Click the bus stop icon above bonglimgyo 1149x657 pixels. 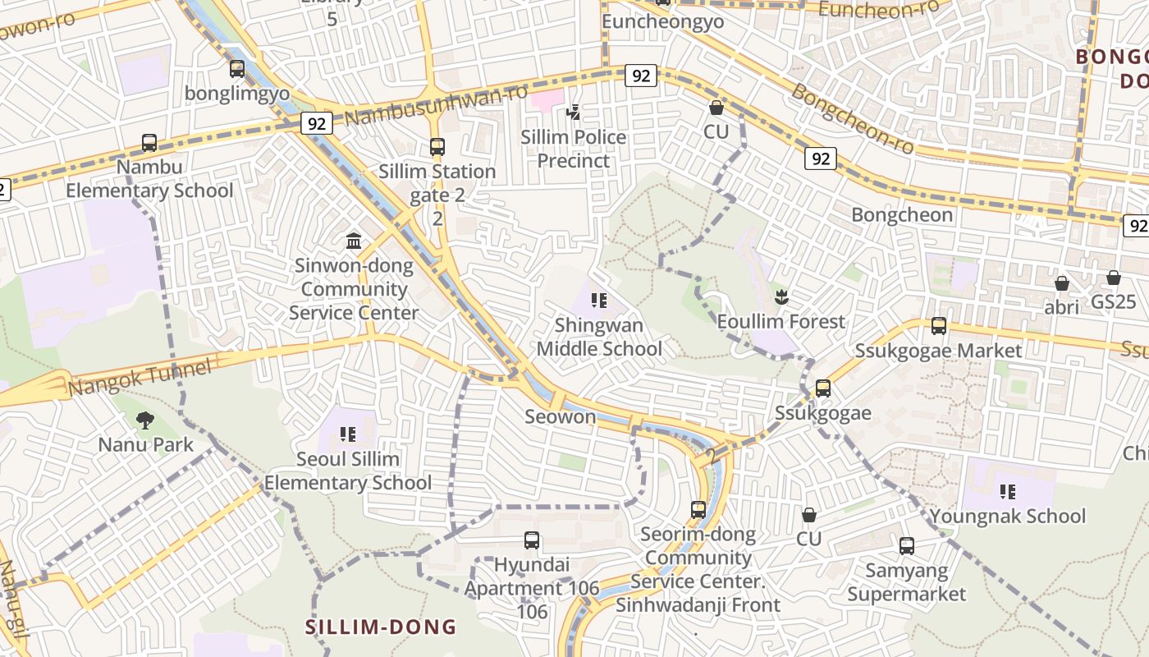pos(237,69)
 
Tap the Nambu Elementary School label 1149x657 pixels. pos(149,179)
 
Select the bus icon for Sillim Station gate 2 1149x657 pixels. pos(437,147)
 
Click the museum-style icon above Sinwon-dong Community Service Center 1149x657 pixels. pos(354,241)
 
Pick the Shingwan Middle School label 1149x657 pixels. pos(599,337)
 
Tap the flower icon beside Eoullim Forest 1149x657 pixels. pos(780,297)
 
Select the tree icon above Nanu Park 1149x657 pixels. pos(145,420)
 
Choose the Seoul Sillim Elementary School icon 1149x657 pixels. pos(347,434)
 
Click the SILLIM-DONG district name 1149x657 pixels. pos(381,627)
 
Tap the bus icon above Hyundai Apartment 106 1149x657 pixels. pos(532,540)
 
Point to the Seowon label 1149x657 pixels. pos(561,416)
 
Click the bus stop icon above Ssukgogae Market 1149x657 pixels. pos(939,326)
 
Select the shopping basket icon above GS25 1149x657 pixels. pos(1114,278)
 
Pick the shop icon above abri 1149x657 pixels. pos(1062,283)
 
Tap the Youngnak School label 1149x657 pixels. pos(1008,517)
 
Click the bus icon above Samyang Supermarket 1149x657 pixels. pos(907,545)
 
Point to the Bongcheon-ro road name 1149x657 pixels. pos(853,118)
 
